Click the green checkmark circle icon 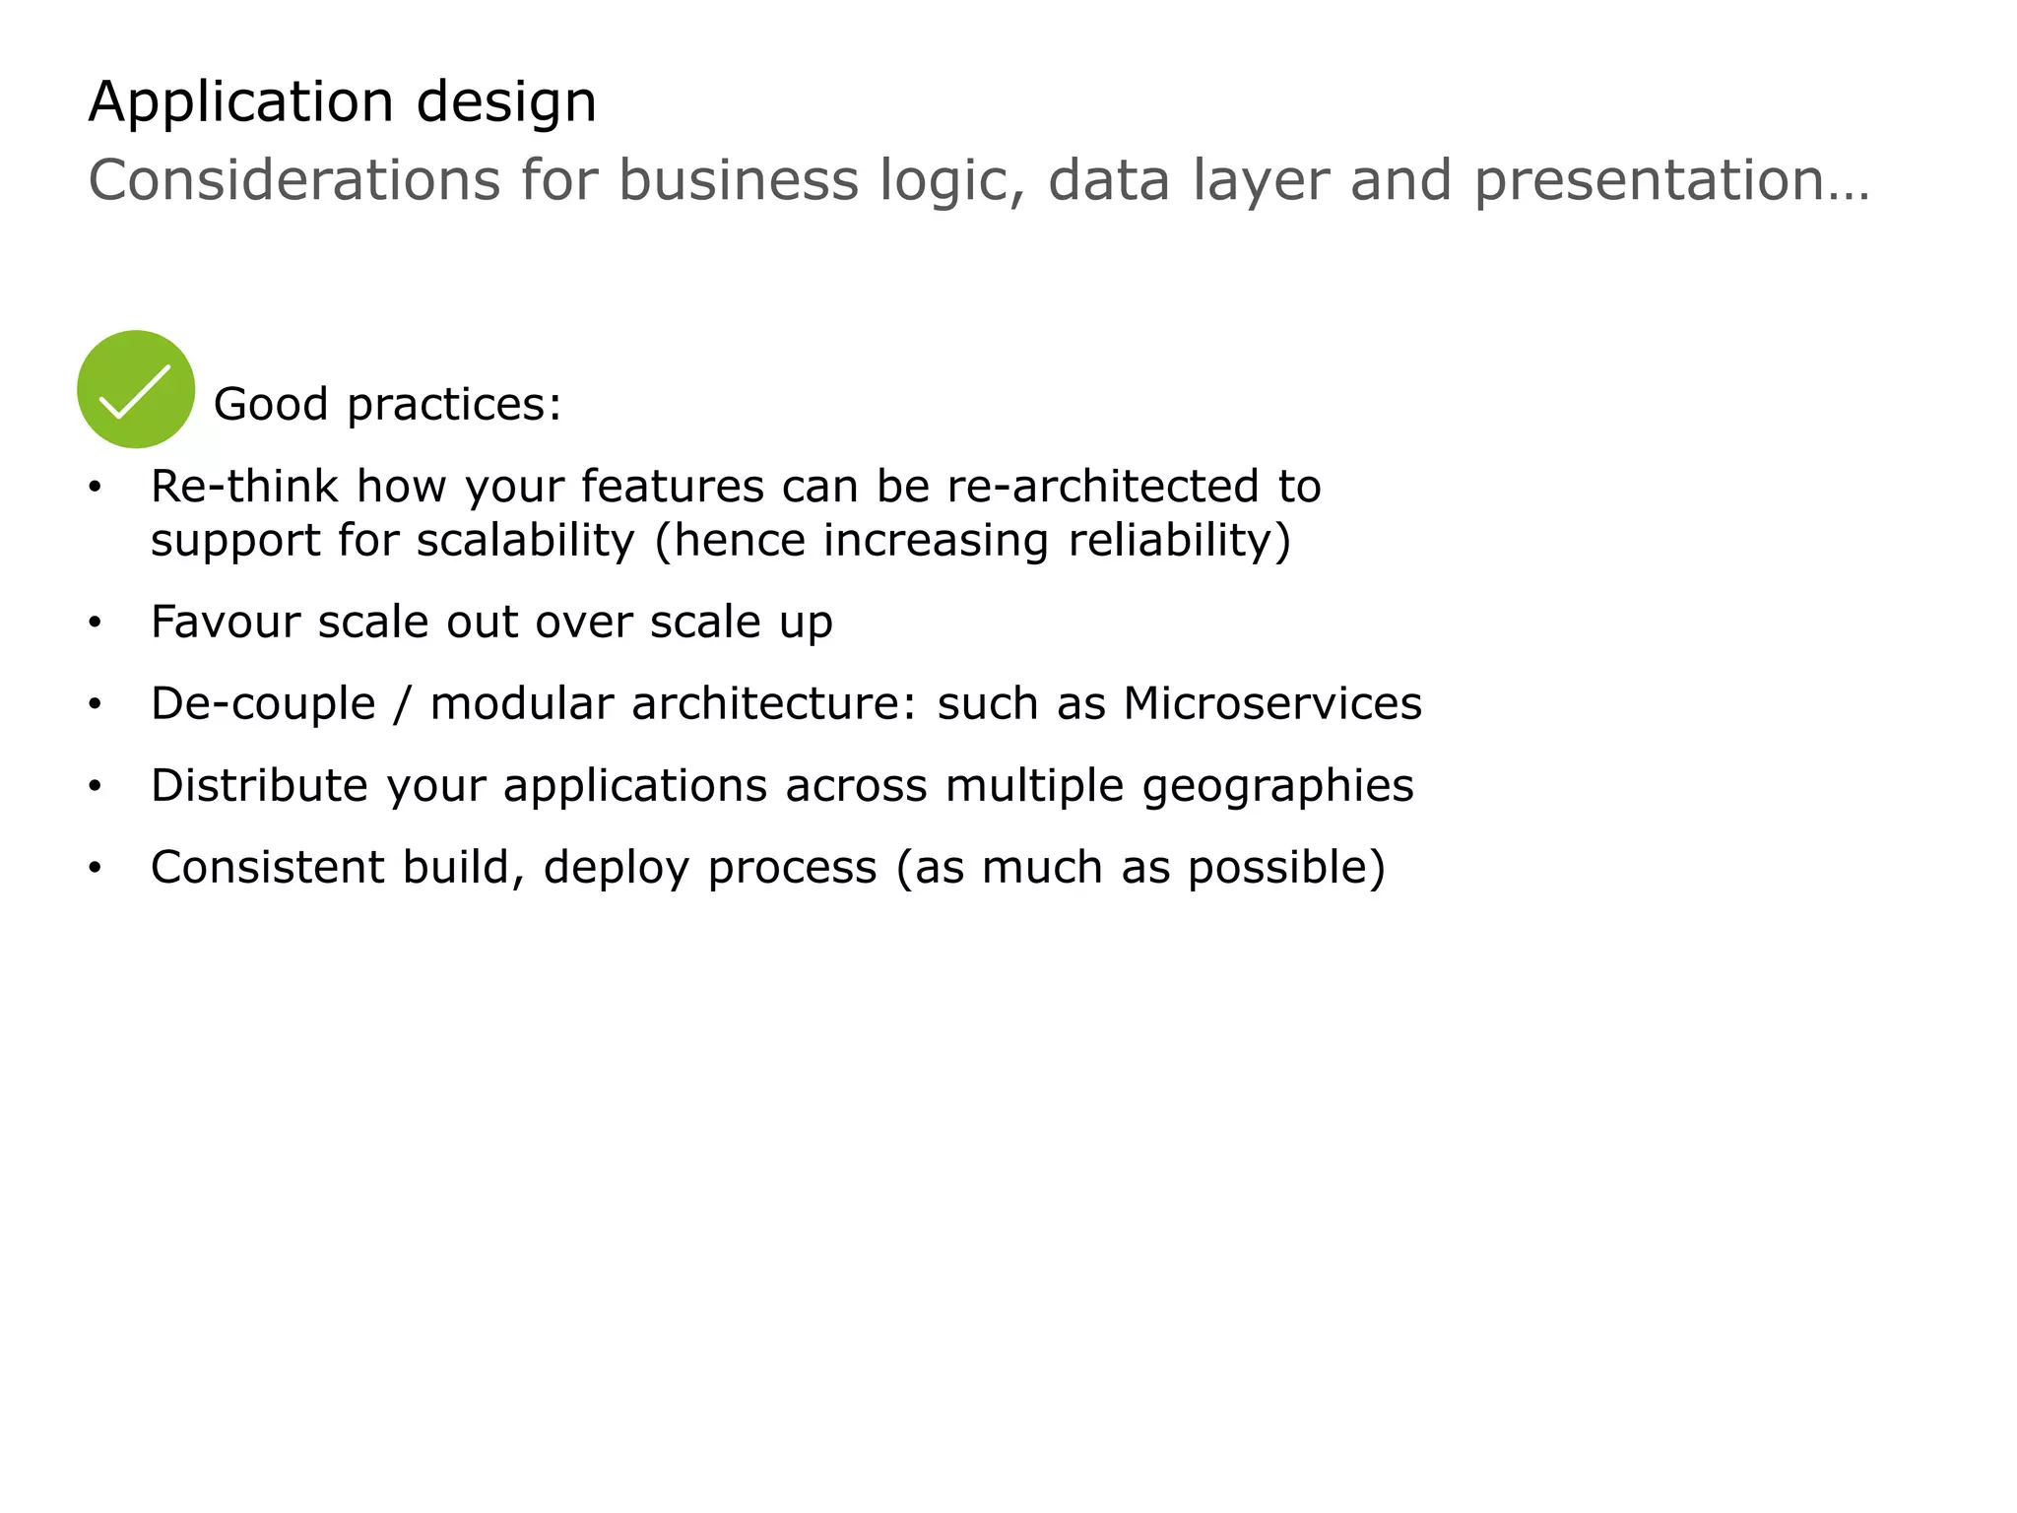136,389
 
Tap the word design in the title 506,102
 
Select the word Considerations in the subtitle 294,181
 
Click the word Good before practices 271,404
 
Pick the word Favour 226,623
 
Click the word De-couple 263,704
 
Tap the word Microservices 1272,704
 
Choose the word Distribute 259,786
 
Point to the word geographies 1277,786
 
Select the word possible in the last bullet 1277,868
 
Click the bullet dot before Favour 95,623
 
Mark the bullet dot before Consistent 95,868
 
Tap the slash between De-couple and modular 401,704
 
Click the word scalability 525,540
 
